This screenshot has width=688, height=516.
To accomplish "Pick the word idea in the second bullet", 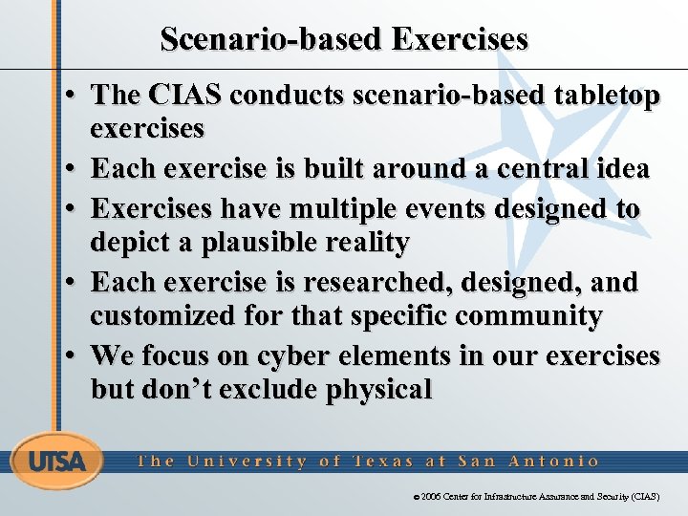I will pyautogui.click(x=625, y=169).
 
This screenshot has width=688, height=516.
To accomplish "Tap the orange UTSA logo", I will pyautogui.click(x=56, y=462).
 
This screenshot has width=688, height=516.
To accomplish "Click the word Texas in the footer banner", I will pyautogui.click(x=382, y=461).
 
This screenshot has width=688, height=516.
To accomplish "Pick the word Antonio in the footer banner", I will pyautogui.click(x=555, y=461).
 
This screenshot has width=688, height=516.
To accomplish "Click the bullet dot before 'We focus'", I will pyautogui.click(x=73, y=355).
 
